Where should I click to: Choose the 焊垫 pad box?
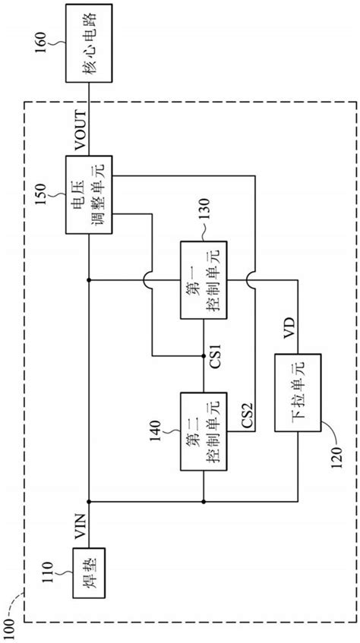pyautogui.click(x=89, y=577)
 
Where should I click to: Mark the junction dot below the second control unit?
pyautogui.click(x=204, y=501)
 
